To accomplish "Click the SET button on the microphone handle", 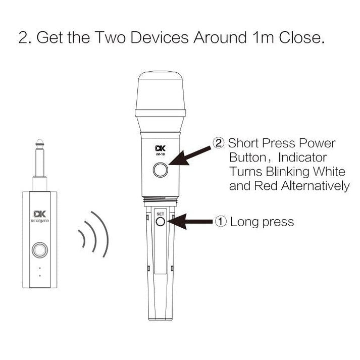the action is pos(160,222).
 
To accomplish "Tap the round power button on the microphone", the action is pos(161,170).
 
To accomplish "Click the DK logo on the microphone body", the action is pos(160,148).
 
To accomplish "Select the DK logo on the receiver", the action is pos(40,214).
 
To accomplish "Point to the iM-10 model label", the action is pos(160,155).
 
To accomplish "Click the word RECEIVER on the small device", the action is pos(40,221).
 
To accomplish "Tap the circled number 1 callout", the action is pos(221,222).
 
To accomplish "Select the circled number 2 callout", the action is pos(218,143).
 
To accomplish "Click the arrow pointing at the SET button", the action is pos(190,222).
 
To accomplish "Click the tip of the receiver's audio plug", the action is pos(40,139).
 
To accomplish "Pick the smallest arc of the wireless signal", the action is pos(83,238).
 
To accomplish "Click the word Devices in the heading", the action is pos(160,37).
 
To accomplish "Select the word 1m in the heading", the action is pos(263,37).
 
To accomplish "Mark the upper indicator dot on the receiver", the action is pos(40,268).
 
